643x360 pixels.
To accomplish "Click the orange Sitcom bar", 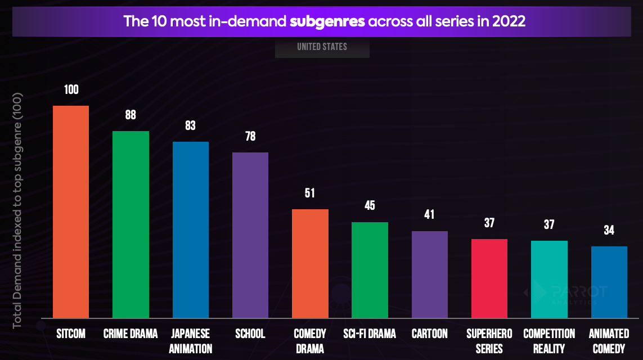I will [x=71, y=211].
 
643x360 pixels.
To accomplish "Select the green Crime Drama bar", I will [x=131, y=224].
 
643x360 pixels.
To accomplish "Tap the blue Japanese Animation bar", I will [x=191, y=229].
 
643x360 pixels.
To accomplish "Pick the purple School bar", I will [x=250, y=235].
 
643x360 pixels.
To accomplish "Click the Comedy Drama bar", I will [x=310, y=263].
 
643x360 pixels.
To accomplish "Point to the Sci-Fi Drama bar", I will [x=370, y=270].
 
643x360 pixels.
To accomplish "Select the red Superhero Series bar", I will [x=489, y=278].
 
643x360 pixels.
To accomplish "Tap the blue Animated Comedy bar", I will [x=609, y=282].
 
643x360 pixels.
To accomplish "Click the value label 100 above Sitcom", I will [x=71, y=89].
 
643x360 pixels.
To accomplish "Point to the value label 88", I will [x=131, y=115].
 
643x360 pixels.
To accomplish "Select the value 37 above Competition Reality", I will [x=549, y=224].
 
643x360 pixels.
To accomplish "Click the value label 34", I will [x=609, y=230].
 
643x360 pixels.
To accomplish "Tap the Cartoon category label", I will [x=429, y=334].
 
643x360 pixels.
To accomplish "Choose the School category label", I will [x=250, y=334].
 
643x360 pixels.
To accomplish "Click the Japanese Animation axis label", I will [x=191, y=341].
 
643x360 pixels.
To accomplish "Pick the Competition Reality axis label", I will [x=549, y=341].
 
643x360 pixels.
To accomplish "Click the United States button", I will [x=322, y=47].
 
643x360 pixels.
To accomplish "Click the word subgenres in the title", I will [x=327, y=22].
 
